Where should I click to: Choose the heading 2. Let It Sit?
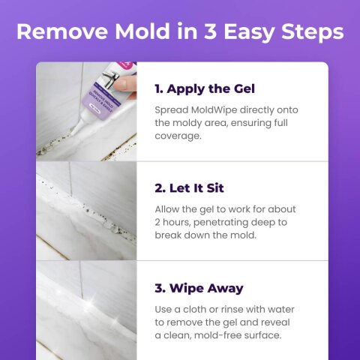coord(189,187)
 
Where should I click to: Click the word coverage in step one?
coord(179,137)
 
